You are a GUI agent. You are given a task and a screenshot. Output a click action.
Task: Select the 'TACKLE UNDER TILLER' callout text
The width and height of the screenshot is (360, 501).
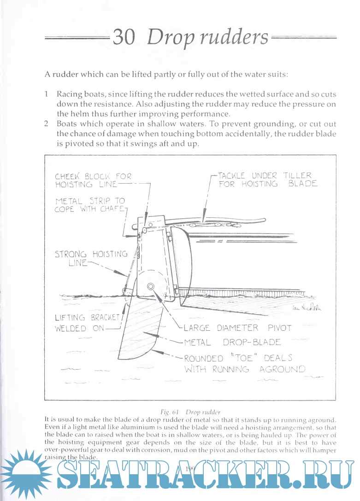tap(265, 176)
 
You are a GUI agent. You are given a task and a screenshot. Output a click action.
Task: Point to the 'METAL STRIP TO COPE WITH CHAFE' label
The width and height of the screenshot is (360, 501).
tap(90, 205)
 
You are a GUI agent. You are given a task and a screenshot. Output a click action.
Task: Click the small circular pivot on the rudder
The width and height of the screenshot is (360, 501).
tap(150, 286)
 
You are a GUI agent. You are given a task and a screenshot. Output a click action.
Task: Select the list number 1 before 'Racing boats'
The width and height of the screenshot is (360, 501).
tap(47, 94)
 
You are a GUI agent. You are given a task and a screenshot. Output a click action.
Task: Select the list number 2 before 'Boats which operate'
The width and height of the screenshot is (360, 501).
tap(47, 124)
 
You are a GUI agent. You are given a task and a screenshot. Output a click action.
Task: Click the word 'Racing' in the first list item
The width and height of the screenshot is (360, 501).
tap(70, 94)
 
